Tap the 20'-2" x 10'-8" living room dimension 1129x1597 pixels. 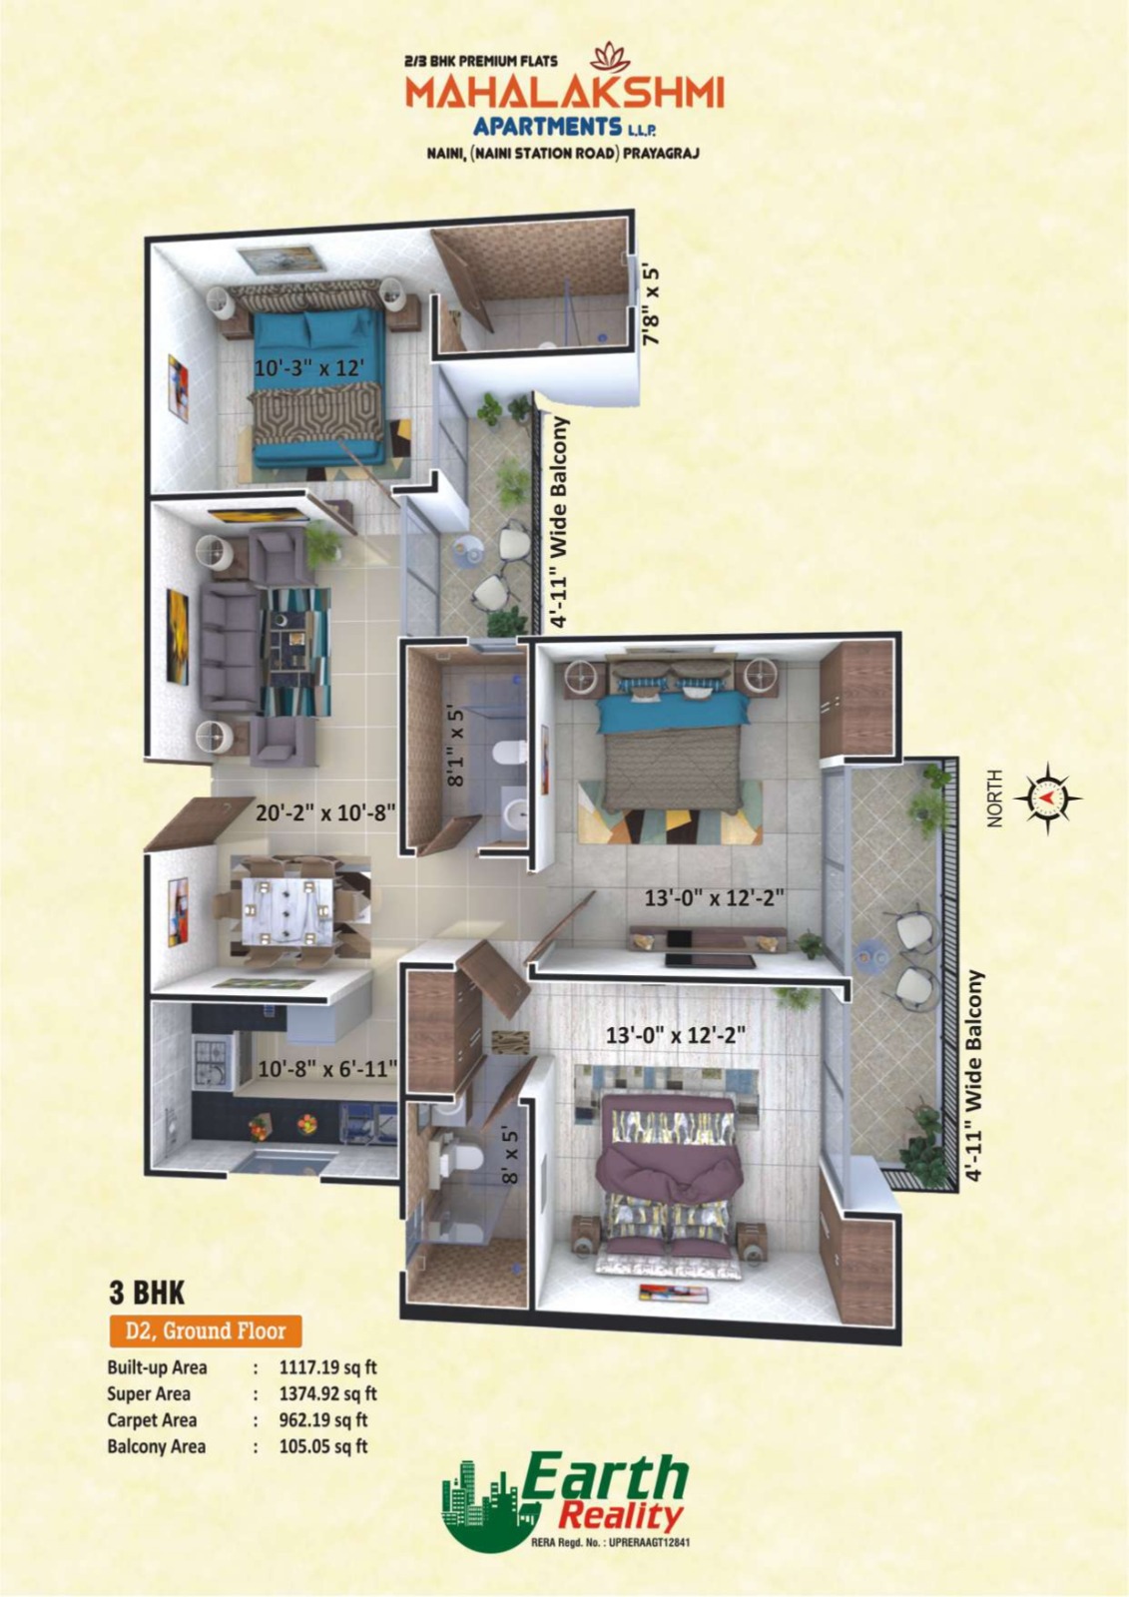click(325, 812)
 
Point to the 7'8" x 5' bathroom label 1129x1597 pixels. click(652, 304)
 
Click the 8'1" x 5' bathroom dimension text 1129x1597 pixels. click(456, 747)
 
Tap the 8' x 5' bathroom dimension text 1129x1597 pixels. click(510, 1156)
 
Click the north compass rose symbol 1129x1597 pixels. click(1046, 798)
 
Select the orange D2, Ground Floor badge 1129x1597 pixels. click(205, 1331)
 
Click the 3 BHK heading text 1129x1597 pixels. click(147, 1293)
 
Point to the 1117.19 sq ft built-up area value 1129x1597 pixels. click(327, 1367)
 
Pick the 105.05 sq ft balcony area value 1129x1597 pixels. click(322, 1445)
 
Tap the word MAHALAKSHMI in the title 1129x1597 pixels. click(564, 94)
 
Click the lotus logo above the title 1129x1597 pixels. click(605, 56)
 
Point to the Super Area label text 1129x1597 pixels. click(149, 1393)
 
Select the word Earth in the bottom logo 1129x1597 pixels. click(606, 1476)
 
